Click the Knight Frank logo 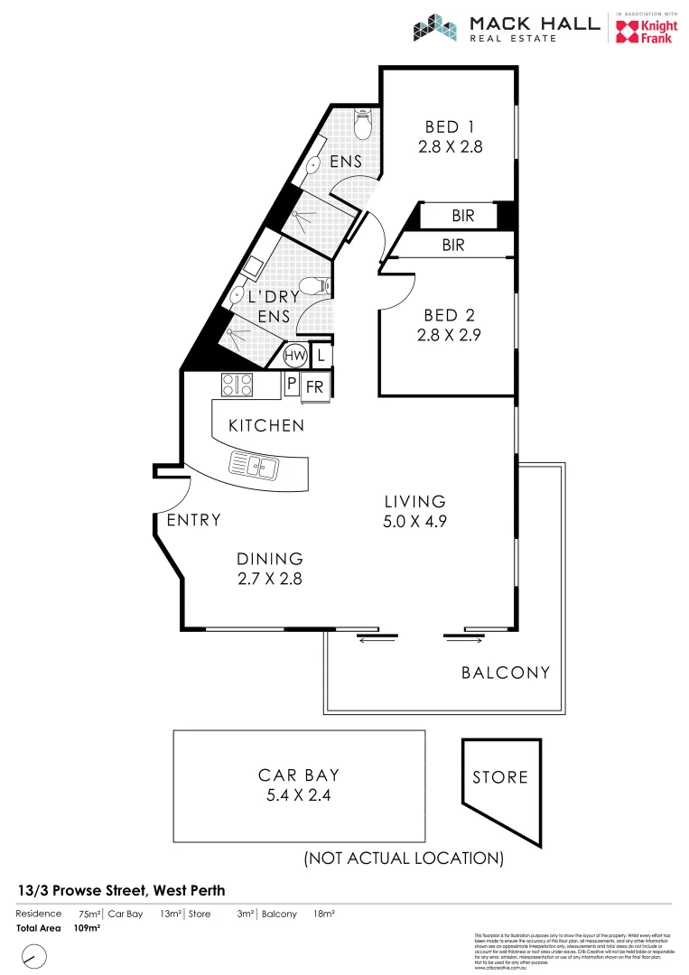click(644, 31)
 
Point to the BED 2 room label click(449, 316)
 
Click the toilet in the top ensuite click(362, 125)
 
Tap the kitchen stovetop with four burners click(237, 385)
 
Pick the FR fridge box click(315, 385)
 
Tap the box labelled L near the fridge click(321, 355)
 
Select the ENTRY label click(193, 520)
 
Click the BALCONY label click(505, 673)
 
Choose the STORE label click(499, 776)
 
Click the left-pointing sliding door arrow click(378, 638)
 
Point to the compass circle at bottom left click(34, 955)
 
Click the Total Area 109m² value click(87, 927)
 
